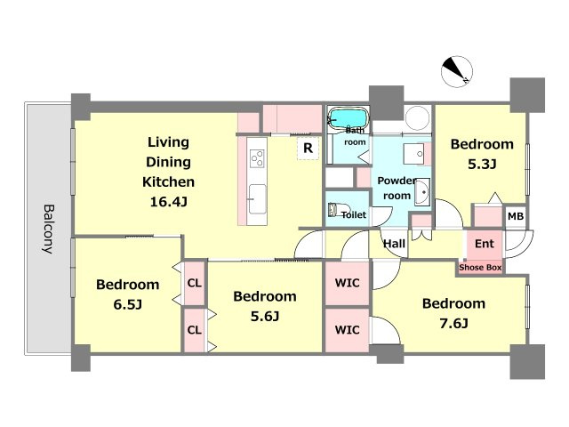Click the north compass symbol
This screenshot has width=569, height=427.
pyautogui.click(x=456, y=71)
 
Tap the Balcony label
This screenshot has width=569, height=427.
pyautogui.click(x=49, y=230)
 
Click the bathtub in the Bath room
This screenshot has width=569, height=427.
pyautogui.click(x=349, y=118)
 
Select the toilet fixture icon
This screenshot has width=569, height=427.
pyautogui.click(x=335, y=210)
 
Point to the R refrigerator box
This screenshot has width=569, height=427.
pyautogui.click(x=308, y=149)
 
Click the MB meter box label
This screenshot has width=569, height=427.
pyautogui.click(x=516, y=216)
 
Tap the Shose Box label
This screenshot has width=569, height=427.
pyautogui.click(x=480, y=268)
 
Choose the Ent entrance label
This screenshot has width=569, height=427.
pyautogui.click(x=484, y=244)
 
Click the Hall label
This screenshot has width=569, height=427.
pyautogui.click(x=394, y=244)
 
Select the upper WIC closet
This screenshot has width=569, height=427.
pyautogui.click(x=348, y=283)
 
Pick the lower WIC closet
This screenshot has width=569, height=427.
pyautogui.click(x=348, y=330)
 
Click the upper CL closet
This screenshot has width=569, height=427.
pyautogui.click(x=194, y=283)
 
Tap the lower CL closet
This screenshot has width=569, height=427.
pyautogui.click(x=194, y=330)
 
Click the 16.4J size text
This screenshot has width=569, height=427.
pyautogui.click(x=168, y=202)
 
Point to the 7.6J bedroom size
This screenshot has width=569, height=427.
pyautogui.click(x=453, y=323)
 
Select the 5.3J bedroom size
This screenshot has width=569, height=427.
pyautogui.click(x=482, y=165)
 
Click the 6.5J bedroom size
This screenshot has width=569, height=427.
pyautogui.click(x=127, y=304)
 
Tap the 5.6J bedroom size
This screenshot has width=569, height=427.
pyautogui.click(x=265, y=317)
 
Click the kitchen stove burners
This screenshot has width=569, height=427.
pyautogui.click(x=257, y=158)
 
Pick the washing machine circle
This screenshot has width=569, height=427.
pyautogui.click(x=417, y=118)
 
